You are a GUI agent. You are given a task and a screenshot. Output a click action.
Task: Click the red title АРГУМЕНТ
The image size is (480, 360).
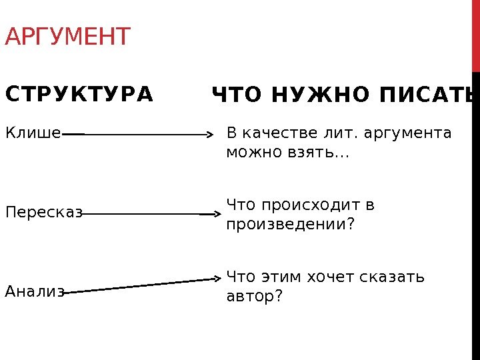(x=67, y=37)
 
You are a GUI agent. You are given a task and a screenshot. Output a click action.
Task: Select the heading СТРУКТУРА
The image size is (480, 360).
(x=79, y=93)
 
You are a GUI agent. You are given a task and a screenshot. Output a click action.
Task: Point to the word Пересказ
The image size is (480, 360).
(x=43, y=213)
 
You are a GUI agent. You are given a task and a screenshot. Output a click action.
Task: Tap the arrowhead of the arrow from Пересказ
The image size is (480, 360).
(x=217, y=214)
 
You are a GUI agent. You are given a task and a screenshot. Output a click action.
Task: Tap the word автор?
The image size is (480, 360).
(x=255, y=295)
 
